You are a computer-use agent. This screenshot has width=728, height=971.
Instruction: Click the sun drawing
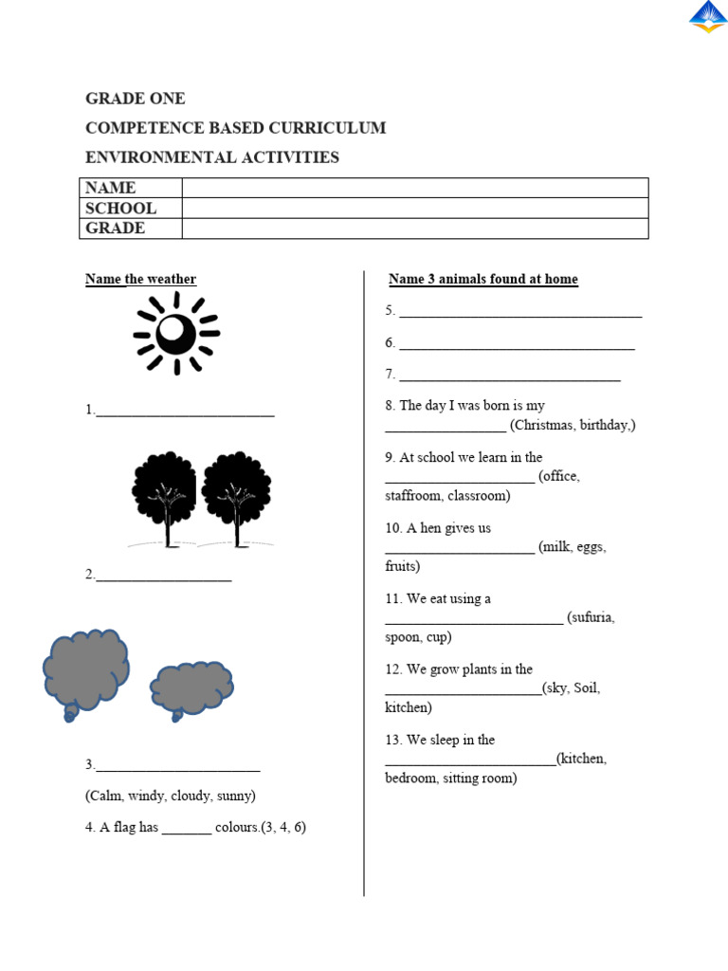pos(176,333)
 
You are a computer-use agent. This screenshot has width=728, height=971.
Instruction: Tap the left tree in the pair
pos(165,497)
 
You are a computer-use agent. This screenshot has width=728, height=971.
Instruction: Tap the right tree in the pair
pos(236,497)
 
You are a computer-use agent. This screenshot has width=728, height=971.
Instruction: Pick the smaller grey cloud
pos(191,688)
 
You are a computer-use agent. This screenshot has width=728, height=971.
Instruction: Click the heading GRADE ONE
pos(136,99)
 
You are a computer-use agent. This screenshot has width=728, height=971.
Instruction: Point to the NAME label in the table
pos(111,188)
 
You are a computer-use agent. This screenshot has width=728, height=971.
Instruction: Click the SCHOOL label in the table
pos(120,208)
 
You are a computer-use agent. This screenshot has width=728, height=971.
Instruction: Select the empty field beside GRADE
pos(414,229)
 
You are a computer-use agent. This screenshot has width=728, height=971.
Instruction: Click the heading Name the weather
pos(141,279)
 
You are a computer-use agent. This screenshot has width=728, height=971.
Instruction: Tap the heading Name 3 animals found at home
pos(483,279)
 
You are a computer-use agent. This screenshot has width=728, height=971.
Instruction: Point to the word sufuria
pos(593,617)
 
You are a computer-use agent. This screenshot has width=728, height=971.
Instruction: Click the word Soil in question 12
pos(585,688)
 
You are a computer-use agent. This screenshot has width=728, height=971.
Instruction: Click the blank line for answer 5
pos(520,312)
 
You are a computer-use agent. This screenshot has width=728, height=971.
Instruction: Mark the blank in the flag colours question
pos(187,828)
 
